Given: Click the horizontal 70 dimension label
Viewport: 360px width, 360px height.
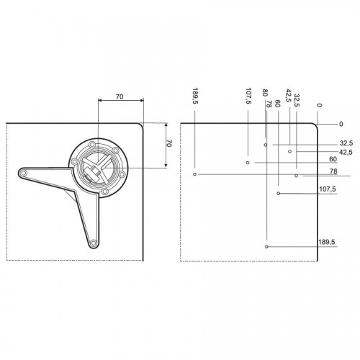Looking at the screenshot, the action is pyautogui.click(x=120, y=96).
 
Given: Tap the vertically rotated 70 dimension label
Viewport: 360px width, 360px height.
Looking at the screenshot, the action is pyautogui.click(x=169, y=143).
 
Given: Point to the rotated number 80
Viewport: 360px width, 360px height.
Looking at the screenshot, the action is pyautogui.click(x=265, y=93).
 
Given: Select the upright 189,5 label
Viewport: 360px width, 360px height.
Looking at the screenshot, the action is pyautogui.click(x=327, y=242).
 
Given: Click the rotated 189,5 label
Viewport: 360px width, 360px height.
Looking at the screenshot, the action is pyautogui.click(x=195, y=96).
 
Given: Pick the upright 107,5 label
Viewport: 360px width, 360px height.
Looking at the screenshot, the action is pyautogui.click(x=328, y=189).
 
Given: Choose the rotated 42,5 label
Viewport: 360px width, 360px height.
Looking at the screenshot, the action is pyautogui.click(x=288, y=96).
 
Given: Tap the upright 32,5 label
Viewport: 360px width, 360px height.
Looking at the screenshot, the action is pyautogui.click(x=346, y=143).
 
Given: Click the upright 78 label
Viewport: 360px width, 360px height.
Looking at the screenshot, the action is pyautogui.click(x=333, y=171).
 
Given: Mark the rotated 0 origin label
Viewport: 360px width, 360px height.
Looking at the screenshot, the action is pyautogui.click(x=319, y=105).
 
